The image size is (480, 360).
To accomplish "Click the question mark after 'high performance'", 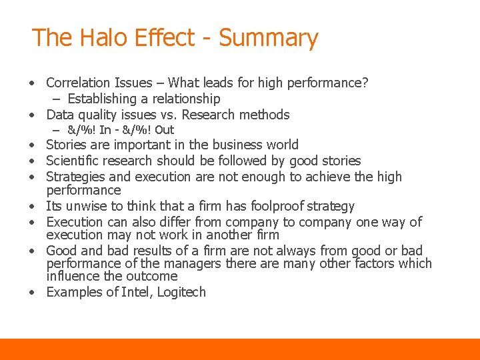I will pos(365,83).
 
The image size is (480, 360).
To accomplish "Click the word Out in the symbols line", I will pos(164,130).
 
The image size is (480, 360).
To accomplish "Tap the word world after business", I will pos(281,145).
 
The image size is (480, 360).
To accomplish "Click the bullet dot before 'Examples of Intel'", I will pos(32,293).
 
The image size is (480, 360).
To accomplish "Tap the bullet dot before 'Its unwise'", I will pos(32,207).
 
